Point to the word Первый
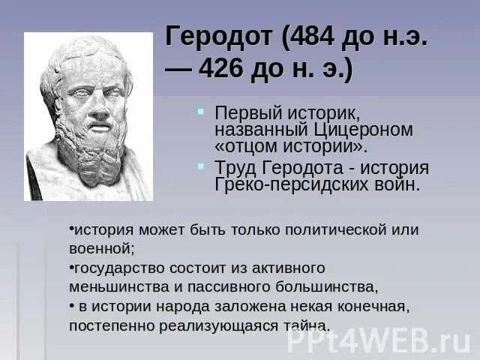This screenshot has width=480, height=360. (244, 112)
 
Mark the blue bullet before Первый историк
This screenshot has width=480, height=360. (202, 111)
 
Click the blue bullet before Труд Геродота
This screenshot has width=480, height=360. (202, 166)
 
